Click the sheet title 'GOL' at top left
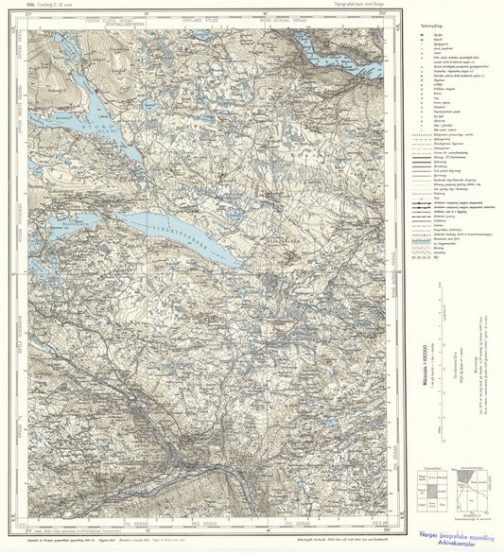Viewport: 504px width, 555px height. [x=11, y=7]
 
